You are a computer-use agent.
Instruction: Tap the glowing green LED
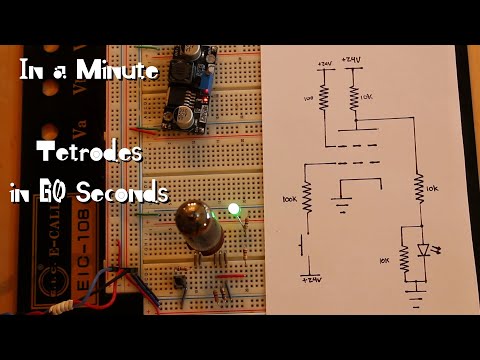click(235, 210)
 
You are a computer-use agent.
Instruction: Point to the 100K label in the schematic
click(291, 201)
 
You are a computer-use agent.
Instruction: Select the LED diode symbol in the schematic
click(422, 250)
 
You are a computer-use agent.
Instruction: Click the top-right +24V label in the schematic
click(352, 61)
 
